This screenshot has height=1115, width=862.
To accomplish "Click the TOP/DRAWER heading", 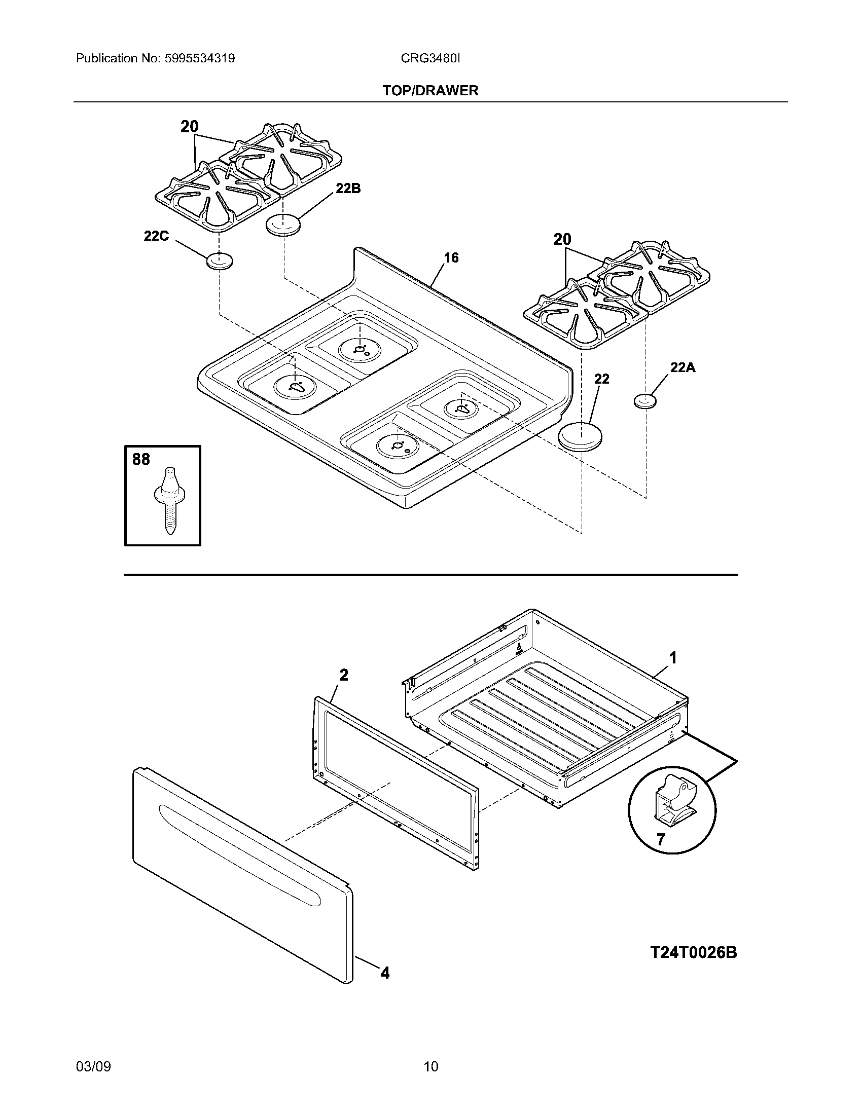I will tap(430, 90).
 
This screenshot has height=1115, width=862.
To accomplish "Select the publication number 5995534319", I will tap(199, 58).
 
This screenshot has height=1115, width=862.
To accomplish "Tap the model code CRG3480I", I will tap(430, 58).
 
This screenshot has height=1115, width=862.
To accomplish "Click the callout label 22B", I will tap(348, 189).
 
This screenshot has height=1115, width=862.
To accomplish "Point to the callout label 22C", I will tap(156, 236).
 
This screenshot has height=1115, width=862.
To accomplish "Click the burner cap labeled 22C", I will tap(220, 261).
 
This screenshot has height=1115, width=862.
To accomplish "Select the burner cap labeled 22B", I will tap(283, 225).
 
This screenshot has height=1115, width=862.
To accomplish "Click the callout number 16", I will tap(451, 258).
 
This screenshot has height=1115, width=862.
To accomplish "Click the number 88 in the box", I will tap(141, 460).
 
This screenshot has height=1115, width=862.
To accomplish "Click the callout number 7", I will tap(661, 839).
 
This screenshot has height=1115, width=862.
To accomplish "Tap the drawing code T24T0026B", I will tap(694, 953).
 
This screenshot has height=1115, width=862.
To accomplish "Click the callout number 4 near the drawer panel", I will tap(385, 973).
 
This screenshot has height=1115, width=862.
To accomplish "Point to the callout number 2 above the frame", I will tap(344, 675).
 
